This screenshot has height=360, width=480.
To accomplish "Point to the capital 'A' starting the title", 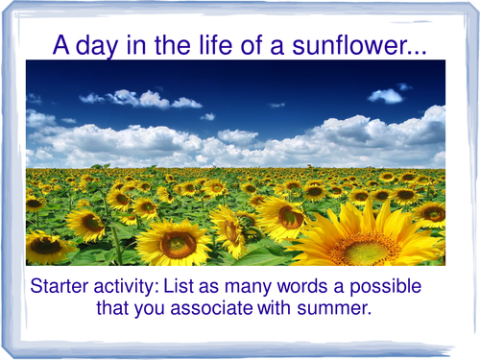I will tap(59, 44).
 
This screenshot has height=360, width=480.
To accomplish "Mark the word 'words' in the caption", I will tap(309, 287).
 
